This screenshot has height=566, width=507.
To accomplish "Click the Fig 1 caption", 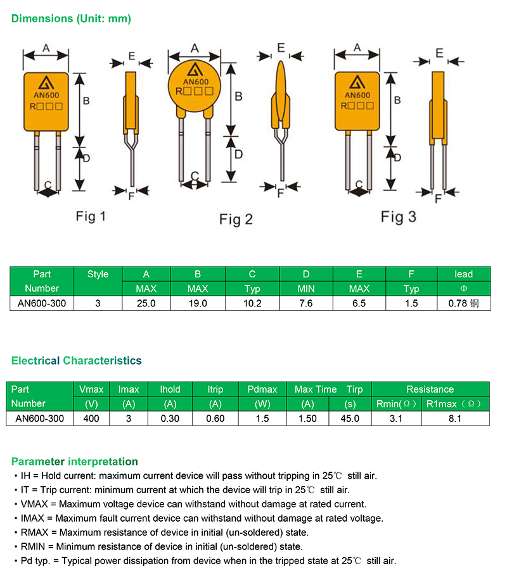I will [91, 217].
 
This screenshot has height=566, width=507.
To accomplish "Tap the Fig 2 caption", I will [236, 219].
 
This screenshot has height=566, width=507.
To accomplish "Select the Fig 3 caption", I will [398, 217].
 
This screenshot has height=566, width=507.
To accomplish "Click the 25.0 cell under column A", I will [146, 303].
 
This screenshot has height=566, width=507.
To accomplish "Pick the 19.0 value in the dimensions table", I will [198, 303].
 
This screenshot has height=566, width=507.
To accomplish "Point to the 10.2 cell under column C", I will [252, 303].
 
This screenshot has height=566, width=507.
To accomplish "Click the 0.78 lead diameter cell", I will [463, 303].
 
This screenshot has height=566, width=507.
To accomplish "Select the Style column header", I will [98, 274].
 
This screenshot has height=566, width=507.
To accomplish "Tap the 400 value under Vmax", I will [91, 418].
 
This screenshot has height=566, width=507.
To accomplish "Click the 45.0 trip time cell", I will [349, 418].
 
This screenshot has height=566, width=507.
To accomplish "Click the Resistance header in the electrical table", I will [430, 389].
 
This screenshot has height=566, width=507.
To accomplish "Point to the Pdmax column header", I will [262, 389].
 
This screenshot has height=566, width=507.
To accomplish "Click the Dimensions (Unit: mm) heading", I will [71, 18].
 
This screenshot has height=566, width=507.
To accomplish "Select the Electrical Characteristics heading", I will [76, 360].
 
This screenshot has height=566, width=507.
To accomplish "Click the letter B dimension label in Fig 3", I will [397, 100].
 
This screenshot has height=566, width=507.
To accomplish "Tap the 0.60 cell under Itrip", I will [215, 418].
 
